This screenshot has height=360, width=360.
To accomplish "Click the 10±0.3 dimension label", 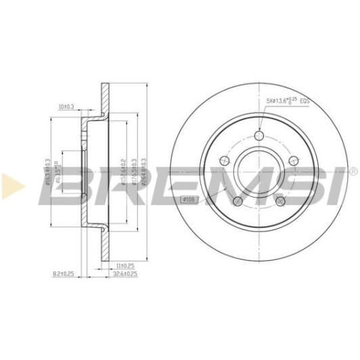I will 66,106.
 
